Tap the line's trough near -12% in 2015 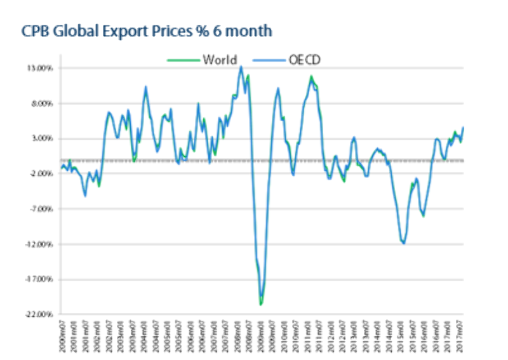tap(403, 243)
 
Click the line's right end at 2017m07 tap(464, 127)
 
